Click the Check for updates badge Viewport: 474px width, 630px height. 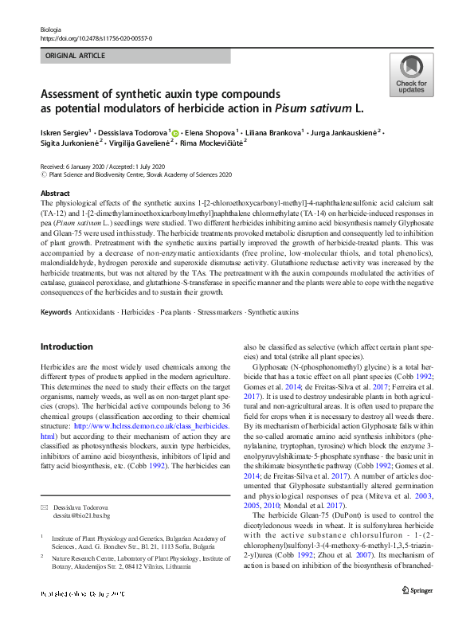point(411,76)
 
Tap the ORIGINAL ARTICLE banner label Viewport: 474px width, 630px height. point(76,57)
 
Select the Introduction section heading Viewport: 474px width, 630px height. point(66,346)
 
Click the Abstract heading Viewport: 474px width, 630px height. point(55,194)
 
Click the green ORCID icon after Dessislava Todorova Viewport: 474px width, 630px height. point(175,131)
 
